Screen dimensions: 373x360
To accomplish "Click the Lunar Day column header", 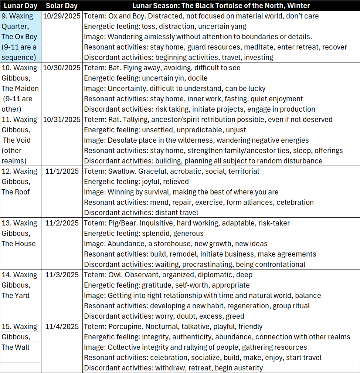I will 20,6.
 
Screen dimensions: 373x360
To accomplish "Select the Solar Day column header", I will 61,6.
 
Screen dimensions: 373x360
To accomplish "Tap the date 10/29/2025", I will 61,16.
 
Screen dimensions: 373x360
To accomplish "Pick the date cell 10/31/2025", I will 61,119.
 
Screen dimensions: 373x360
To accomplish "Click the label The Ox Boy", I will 19,37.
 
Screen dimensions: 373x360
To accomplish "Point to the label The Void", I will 17,140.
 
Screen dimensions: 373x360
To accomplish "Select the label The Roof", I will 16,192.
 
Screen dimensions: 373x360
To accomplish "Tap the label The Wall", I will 15,347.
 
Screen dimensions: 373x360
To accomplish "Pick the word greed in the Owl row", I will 235,316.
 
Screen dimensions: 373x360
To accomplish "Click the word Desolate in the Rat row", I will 122,140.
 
